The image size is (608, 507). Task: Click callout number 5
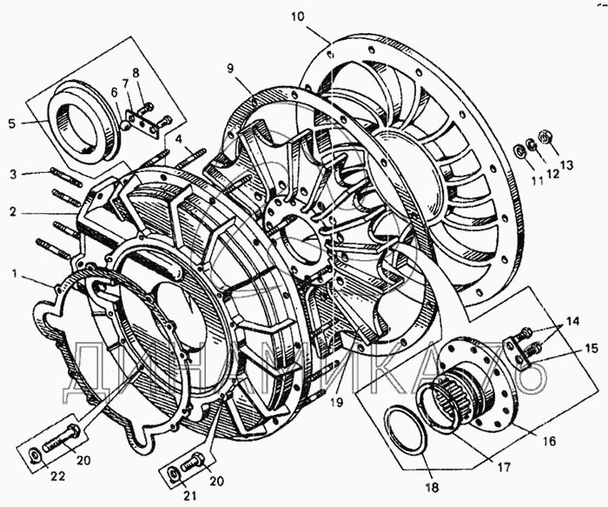tap(11, 123)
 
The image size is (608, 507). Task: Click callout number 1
tap(14, 275)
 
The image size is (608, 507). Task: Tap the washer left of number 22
tap(32, 454)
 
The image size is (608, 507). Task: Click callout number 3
tap(13, 174)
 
